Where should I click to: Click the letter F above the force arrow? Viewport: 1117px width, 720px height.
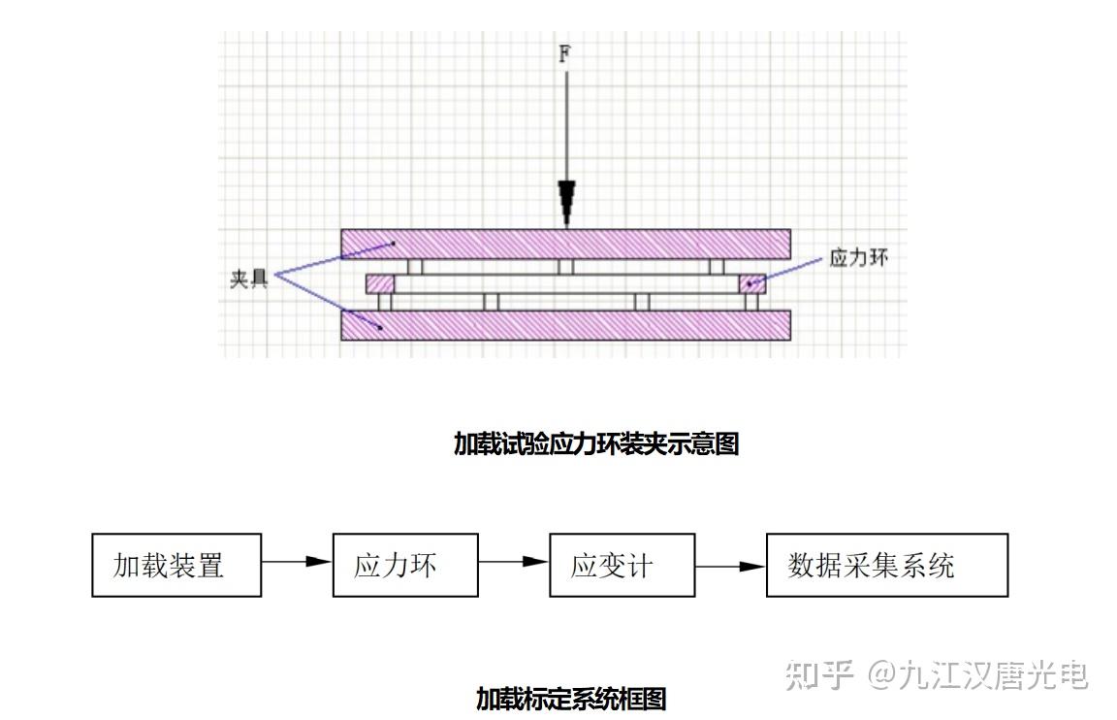[564, 53]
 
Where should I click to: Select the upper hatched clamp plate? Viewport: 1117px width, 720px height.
[565, 244]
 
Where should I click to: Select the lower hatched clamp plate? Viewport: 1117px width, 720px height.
[565, 325]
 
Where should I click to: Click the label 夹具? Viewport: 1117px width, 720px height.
[249, 278]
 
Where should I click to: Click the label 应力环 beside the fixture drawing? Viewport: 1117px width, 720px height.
[858, 257]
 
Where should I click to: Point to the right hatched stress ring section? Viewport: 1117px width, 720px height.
[752, 284]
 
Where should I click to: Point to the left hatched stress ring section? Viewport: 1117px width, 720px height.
[380, 284]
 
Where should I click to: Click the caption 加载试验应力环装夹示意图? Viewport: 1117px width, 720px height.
[596, 443]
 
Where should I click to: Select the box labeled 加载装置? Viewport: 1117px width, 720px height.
[176, 565]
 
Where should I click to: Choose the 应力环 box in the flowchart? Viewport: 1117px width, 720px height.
[404, 565]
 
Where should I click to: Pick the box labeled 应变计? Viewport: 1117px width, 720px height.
[622, 565]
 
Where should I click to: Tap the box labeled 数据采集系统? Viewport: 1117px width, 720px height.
[886, 565]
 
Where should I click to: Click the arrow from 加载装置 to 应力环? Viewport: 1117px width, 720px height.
[297, 561]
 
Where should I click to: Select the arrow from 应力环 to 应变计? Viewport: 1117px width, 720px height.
[514, 561]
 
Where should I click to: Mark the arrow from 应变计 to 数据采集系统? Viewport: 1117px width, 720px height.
[730, 566]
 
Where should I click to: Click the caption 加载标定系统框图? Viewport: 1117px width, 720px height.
[570, 698]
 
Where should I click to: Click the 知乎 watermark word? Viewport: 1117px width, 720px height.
[819, 673]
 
